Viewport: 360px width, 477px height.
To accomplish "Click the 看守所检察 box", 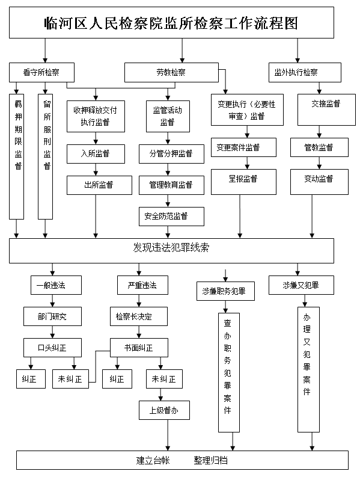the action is click(x=41, y=72).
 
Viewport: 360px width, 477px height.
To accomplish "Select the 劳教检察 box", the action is click(x=171, y=72).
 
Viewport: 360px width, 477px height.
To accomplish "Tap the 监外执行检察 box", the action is click(x=305, y=72).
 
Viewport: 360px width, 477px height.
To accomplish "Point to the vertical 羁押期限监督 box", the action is click(x=16, y=156).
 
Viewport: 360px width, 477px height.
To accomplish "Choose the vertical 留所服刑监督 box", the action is click(x=45, y=156).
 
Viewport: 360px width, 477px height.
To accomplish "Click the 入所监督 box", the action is click(x=96, y=154).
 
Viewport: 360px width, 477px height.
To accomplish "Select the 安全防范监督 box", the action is click(x=171, y=217).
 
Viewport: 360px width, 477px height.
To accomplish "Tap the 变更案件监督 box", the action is click(x=243, y=147).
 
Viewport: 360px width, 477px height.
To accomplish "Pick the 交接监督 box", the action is click(x=326, y=110).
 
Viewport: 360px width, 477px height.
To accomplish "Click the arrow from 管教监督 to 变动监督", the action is click(x=319, y=163).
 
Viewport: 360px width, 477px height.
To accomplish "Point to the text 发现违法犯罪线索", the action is click(x=171, y=248).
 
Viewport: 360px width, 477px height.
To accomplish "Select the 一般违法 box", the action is click(x=56, y=285).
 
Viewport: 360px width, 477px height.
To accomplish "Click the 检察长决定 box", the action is click(x=139, y=316).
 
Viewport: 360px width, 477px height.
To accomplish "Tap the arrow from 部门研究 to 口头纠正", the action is click(x=53, y=332).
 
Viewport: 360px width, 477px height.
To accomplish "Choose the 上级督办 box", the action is click(x=164, y=410).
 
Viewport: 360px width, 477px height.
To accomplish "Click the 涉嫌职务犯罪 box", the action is click(x=225, y=291).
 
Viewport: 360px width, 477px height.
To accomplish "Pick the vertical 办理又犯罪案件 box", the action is click(x=308, y=369).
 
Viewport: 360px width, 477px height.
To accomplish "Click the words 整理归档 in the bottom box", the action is click(x=211, y=460).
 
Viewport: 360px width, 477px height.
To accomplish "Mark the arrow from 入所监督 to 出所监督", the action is click(x=96, y=170).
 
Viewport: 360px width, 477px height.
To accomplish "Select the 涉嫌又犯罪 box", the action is click(x=301, y=285).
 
